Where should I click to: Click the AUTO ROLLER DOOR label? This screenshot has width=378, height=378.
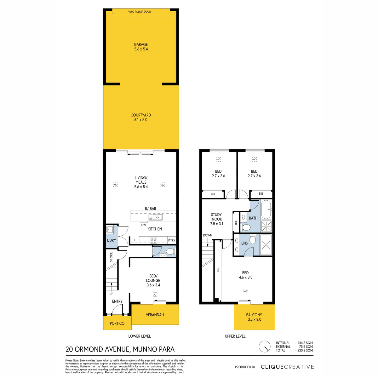click(139, 12)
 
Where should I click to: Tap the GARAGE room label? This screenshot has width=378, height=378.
click(141, 44)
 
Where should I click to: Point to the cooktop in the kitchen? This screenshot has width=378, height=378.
click(153, 240)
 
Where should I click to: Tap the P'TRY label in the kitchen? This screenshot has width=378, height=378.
click(172, 240)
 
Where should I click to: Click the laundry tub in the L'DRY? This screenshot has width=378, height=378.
click(109, 229)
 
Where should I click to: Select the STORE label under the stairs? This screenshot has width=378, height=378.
click(111, 257)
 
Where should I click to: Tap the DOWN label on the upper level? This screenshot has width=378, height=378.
click(208, 235)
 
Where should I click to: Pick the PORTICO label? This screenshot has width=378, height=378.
click(117, 324)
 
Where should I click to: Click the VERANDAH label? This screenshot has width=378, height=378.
click(155, 315)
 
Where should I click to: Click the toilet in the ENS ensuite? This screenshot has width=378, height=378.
click(252, 239)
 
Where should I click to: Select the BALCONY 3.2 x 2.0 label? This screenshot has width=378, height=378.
click(254, 317)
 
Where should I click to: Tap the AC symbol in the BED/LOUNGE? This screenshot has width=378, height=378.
click(155, 295)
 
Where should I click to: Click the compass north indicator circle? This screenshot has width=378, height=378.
click(265, 346)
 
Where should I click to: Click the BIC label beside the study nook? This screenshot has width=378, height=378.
click(236, 222)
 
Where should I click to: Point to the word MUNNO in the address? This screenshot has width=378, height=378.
click(143, 349)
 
